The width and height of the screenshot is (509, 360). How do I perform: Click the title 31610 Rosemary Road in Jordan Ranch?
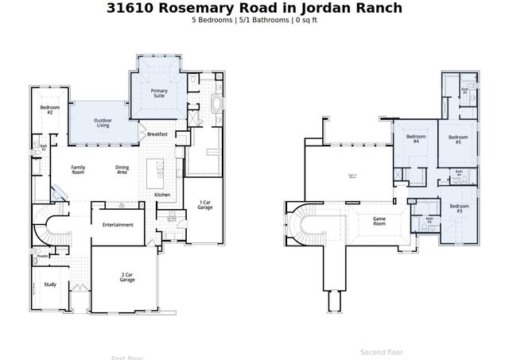254,8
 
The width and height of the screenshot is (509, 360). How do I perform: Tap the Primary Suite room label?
160,94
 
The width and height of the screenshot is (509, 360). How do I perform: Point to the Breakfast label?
157,134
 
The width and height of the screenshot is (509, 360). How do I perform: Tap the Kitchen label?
162,195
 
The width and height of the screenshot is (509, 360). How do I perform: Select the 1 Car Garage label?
205,205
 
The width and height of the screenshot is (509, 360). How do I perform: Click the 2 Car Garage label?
126,277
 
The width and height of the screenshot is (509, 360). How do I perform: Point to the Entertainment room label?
118,225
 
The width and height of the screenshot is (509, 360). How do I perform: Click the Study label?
49,284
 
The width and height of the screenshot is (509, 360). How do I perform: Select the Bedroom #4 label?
412,139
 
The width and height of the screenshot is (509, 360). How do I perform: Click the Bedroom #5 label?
458,139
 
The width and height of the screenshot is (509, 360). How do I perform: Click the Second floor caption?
381,351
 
